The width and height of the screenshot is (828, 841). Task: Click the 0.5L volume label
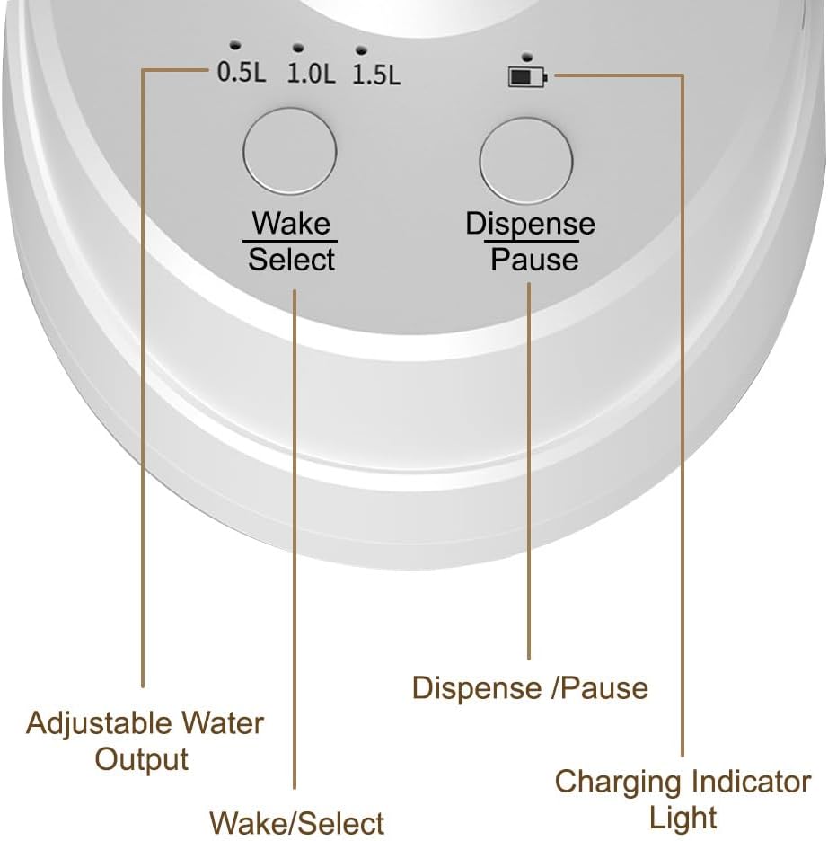coord(242,71)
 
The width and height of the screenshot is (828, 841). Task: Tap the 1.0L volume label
coord(311,73)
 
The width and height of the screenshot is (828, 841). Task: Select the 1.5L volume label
coord(376,75)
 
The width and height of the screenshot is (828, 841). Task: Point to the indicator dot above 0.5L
coord(234,45)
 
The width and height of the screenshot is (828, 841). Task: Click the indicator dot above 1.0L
coord(298,48)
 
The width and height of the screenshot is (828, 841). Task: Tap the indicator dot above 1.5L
coord(362,50)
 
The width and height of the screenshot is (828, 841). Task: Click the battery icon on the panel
coord(528,77)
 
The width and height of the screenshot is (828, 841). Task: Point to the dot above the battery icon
coord(527,57)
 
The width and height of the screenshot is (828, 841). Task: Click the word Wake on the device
coord(291,223)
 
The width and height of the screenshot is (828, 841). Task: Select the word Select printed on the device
coord(292,260)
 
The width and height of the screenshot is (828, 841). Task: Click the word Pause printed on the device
coord(534,261)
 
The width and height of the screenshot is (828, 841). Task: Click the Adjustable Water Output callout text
coord(145,740)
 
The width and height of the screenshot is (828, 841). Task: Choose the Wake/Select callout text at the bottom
coord(296,822)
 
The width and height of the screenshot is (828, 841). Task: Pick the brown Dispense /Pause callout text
coord(530,687)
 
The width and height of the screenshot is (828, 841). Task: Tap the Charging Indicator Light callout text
coord(683,799)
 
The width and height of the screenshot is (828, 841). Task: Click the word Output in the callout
coord(142,759)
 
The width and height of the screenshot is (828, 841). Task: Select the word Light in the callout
coord(683,818)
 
